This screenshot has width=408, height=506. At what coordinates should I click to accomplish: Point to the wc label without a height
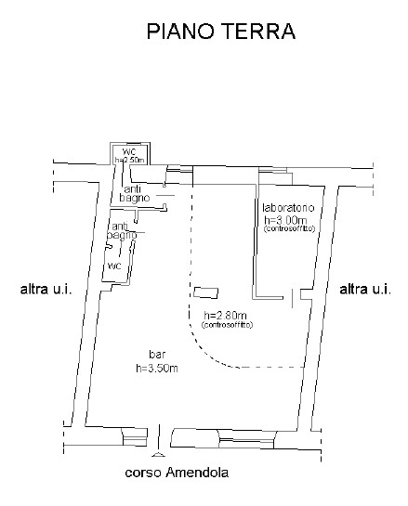(x=114, y=265)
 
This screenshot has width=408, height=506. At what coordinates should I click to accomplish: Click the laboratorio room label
(x=287, y=206)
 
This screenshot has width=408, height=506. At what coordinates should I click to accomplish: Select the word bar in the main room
(x=156, y=356)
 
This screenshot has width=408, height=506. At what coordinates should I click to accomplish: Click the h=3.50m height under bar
(x=156, y=368)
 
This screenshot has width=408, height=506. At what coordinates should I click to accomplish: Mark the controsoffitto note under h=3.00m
(x=290, y=227)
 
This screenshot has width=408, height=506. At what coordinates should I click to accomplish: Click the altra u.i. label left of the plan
(x=46, y=291)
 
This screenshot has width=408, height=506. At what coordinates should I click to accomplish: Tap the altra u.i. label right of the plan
(x=365, y=291)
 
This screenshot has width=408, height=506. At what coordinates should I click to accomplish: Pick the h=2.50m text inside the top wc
(x=128, y=160)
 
